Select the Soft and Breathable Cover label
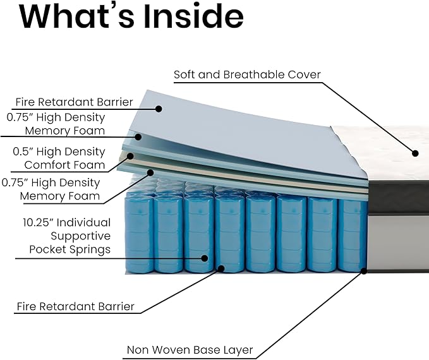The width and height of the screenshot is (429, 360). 247,75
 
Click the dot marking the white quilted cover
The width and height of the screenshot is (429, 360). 415,153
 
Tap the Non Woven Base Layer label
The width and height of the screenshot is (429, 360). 190,350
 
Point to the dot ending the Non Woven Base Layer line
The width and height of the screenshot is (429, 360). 364,271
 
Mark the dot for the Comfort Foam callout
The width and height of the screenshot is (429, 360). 130,156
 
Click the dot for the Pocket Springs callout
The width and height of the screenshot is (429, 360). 204,258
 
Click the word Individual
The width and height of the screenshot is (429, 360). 84,222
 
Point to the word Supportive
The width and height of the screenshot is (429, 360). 80,236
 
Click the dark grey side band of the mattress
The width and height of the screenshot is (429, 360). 399,197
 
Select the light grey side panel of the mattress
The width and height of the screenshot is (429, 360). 399,242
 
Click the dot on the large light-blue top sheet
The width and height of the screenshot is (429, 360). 159,109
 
